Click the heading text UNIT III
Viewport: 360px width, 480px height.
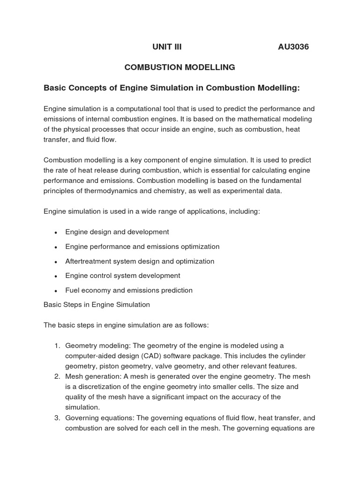[167, 47]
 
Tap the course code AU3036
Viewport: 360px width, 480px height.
[293, 47]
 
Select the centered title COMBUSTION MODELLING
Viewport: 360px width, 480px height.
[180, 67]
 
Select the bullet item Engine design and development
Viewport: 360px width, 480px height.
[117, 232]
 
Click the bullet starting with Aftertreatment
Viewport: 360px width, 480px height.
[139, 261]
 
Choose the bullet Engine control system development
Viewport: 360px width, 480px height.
[122, 276]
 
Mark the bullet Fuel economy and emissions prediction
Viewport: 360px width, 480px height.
[128, 290]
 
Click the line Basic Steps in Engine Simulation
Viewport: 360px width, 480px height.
[97, 305]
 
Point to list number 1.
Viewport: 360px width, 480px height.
[56, 346]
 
